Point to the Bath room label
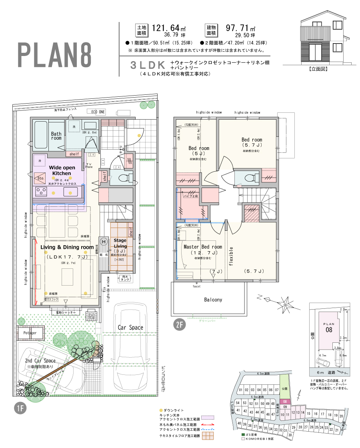click(56, 136)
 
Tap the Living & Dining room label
click(67, 247)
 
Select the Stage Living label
click(120, 243)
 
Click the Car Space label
click(130, 327)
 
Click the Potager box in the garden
click(30, 333)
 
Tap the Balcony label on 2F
click(213, 300)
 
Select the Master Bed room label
click(202, 247)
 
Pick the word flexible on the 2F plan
click(231, 256)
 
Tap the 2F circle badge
click(179, 324)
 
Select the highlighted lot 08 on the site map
click(285, 401)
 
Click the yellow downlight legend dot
click(161, 410)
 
